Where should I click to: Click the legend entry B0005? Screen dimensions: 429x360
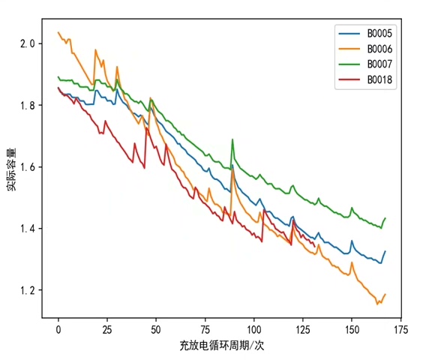(x=379, y=33)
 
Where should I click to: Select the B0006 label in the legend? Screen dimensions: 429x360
(x=379, y=49)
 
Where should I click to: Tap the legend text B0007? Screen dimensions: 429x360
(x=379, y=64)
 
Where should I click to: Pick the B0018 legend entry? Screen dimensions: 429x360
(x=379, y=80)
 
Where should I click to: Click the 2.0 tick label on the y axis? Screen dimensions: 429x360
(x=28, y=43)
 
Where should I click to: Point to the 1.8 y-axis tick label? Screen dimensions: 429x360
(x=28, y=105)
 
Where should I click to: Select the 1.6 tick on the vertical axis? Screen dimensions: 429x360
(x=28, y=166)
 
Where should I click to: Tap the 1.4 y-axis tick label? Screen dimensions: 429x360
(x=28, y=229)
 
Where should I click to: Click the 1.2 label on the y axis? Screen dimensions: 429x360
(x=28, y=290)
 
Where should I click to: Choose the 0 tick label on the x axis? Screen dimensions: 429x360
(x=58, y=330)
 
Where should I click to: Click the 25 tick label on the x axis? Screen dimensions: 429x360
(x=107, y=330)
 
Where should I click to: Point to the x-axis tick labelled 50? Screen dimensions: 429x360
(x=156, y=330)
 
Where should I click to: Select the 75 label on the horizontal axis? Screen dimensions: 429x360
(x=205, y=330)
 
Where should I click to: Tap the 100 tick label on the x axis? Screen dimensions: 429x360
(x=254, y=330)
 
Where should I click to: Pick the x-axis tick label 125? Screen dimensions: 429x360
(x=303, y=330)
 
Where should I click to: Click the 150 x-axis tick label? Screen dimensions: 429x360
(x=352, y=330)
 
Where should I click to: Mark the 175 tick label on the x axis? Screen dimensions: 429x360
(x=400, y=330)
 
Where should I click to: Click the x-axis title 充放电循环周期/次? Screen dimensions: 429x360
(x=222, y=346)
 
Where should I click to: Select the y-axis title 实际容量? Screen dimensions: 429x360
(x=11, y=169)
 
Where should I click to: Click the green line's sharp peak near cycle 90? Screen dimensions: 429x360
(x=232, y=139)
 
